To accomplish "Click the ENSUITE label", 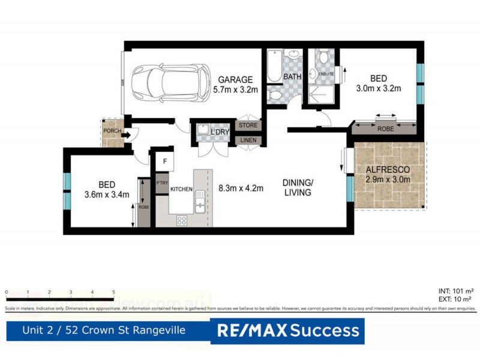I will (x=326, y=74).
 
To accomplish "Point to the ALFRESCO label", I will (x=388, y=170).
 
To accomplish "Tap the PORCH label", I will (x=112, y=131).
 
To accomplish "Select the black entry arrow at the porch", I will (x=125, y=136).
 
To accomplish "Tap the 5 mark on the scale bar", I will (x=113, y=292).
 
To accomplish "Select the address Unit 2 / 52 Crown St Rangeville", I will (x=103, y=330).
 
